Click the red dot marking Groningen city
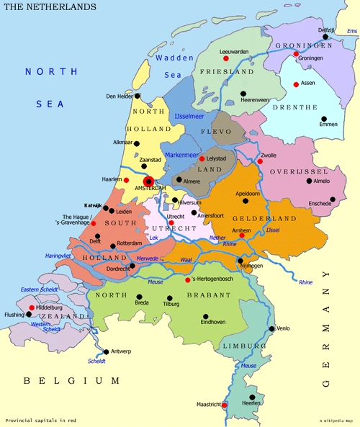click(296, 54)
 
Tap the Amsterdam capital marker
click(148, 181)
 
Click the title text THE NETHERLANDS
click(50, 6)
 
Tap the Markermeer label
click(183, 155)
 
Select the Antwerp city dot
click(105, 351)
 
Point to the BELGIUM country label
click(71, 380)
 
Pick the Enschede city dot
click(332, 199)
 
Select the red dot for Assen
click(296, 84)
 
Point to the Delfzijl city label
click(328, 30)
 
